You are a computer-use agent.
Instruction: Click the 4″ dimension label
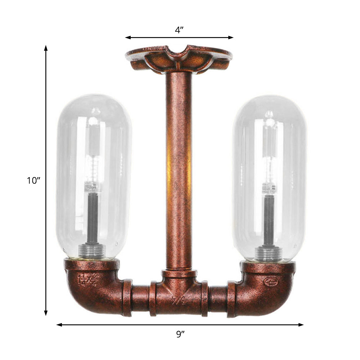click(179, 30)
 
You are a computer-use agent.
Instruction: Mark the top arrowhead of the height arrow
click(46, 48)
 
